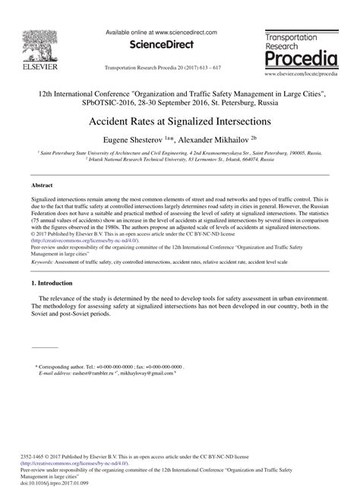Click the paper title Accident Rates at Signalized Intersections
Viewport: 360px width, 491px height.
click(x=180, y=121)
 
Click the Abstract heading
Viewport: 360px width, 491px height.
click(x=42, y=185)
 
